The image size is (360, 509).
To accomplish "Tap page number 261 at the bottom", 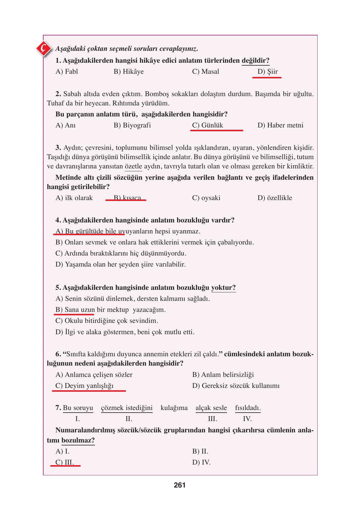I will tap(180, 485).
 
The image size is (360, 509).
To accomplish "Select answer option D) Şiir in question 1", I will tap(267, 72).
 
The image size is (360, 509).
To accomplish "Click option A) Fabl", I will tap(67, 72).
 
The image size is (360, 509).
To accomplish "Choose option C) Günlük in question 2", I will tap(208, 125).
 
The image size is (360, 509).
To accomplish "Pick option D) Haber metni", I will tap(280, 125).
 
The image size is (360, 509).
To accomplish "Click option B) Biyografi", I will tap(132, 125).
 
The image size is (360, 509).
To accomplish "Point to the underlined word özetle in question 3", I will tap(133, 167).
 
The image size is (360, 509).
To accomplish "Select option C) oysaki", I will tap(206, 198).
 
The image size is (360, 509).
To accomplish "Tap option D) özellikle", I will tap(275, 198).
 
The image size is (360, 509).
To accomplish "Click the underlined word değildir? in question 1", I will tap(255, 61).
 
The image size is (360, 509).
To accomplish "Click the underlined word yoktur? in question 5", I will tap(223, 288).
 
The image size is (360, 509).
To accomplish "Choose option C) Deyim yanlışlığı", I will tap(84, 386).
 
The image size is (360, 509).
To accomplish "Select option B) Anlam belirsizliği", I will tap(223, 375).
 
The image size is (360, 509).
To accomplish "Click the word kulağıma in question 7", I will tap(174, 408).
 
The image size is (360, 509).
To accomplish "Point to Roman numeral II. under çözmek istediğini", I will tap(129, 419).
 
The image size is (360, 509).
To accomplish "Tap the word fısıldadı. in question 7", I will tap(248, 408).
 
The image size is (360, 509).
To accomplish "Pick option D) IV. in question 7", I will tap(201, 463).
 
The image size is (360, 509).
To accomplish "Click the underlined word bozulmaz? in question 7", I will tap(78, 440).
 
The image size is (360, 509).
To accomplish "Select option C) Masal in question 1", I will tap(206, 72).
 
